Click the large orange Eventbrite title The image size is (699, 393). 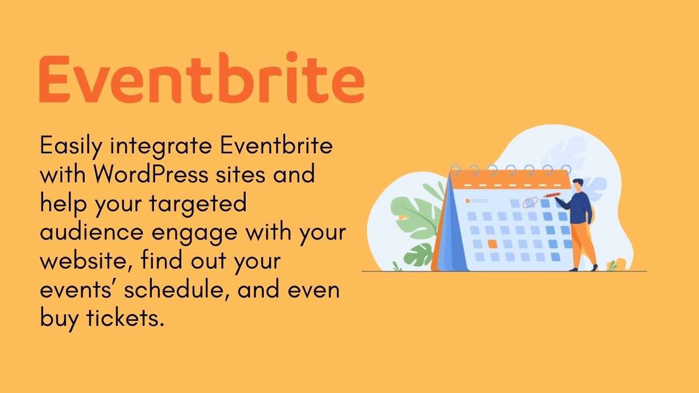[202, 78]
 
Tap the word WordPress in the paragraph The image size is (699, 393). [151, 174]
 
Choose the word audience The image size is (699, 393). [92, 232]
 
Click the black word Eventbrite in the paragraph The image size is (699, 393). [276, 145]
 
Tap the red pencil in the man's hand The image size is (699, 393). [552, 195]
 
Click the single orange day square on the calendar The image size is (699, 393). [493, 244]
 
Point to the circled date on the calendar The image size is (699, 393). [530, 202]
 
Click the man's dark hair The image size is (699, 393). [578, 182]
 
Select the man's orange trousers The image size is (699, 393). [583, 243]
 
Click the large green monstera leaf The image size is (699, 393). [416, 215]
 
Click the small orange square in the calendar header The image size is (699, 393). [467, 201]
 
